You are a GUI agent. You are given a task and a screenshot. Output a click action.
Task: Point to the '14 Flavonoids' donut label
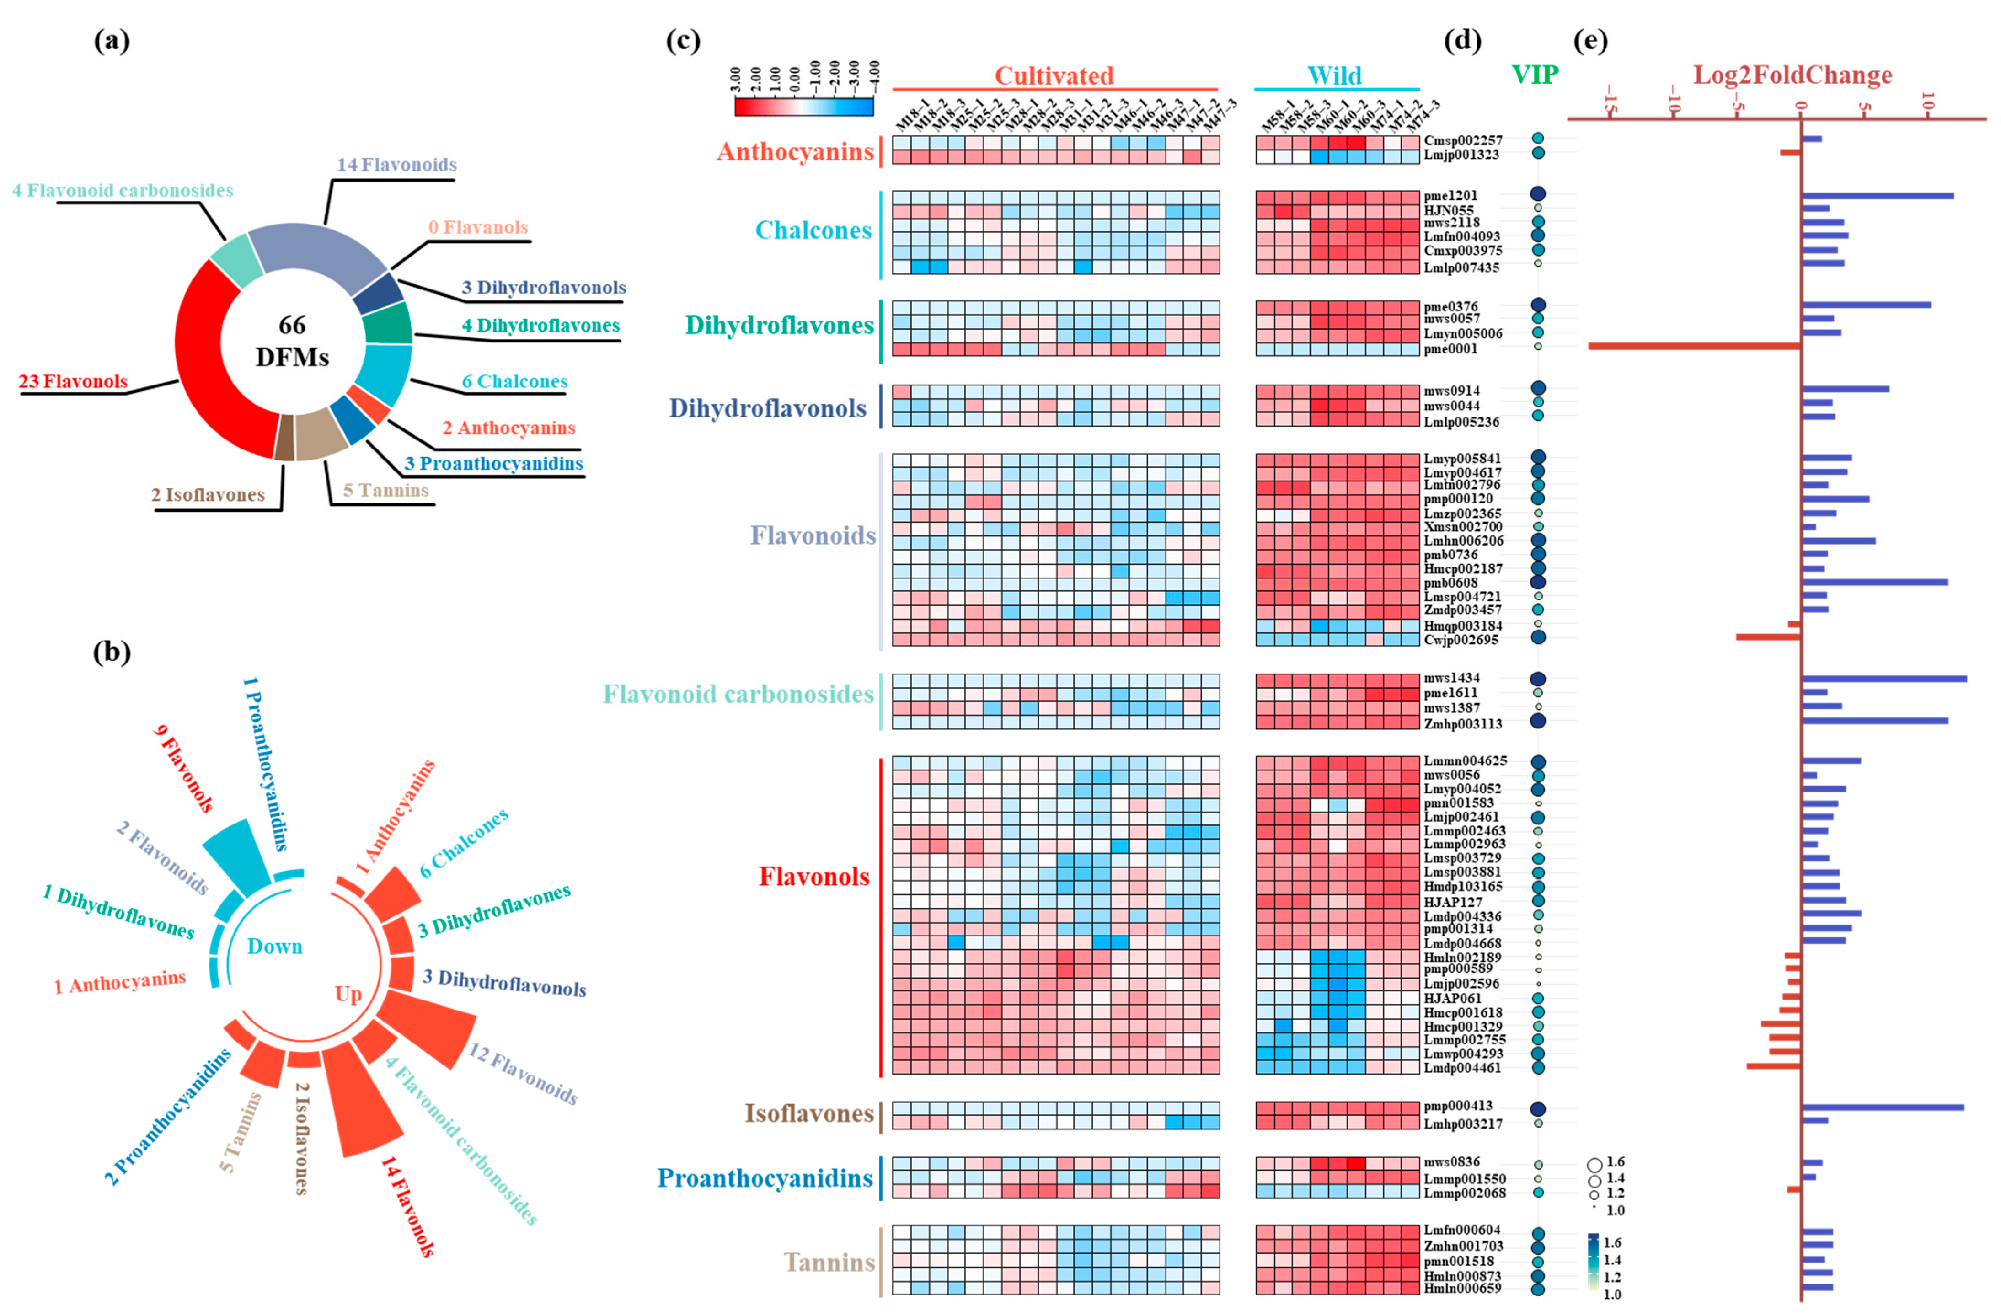(x=397, y=165)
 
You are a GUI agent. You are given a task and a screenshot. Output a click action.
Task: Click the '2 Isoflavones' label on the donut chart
(x=208, y=494)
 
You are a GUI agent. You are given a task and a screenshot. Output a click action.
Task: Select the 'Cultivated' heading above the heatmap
(x=1054, y=76)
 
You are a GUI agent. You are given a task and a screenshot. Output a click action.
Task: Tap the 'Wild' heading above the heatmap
(x=1334, y=76)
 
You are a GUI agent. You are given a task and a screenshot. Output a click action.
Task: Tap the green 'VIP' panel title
(x=1535, y=75)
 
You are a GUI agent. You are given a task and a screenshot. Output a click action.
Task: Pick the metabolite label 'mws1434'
(x=1452, y=678)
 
